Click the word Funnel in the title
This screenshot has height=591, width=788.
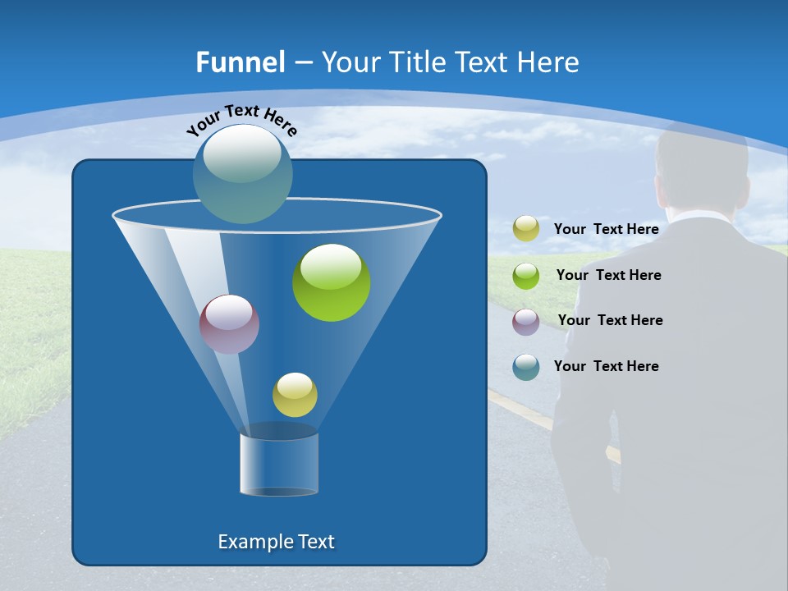[241, 62]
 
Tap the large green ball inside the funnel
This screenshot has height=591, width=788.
[332, 282]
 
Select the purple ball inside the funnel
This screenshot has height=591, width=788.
[230, 324]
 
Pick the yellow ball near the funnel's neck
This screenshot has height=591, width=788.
[295, 395]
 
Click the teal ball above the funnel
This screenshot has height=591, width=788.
[243, 174]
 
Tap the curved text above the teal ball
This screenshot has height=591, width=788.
[242, 119]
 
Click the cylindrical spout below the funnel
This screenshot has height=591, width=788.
[279, 463]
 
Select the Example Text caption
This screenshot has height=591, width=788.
[277, 542]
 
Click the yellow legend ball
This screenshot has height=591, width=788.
[526, 229]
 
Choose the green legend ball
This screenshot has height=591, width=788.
[526, 275]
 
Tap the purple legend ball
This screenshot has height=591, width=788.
[526, 321]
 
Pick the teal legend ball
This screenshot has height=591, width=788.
[526, 367]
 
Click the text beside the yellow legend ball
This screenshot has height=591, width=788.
[607, 229]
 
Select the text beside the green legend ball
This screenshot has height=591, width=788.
[608, 275]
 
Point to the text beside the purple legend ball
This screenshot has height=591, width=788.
[610, 320]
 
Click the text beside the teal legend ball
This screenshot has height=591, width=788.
[607, 366]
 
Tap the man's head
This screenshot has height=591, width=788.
[702, 168]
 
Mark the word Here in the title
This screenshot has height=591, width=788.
[549, 62]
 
